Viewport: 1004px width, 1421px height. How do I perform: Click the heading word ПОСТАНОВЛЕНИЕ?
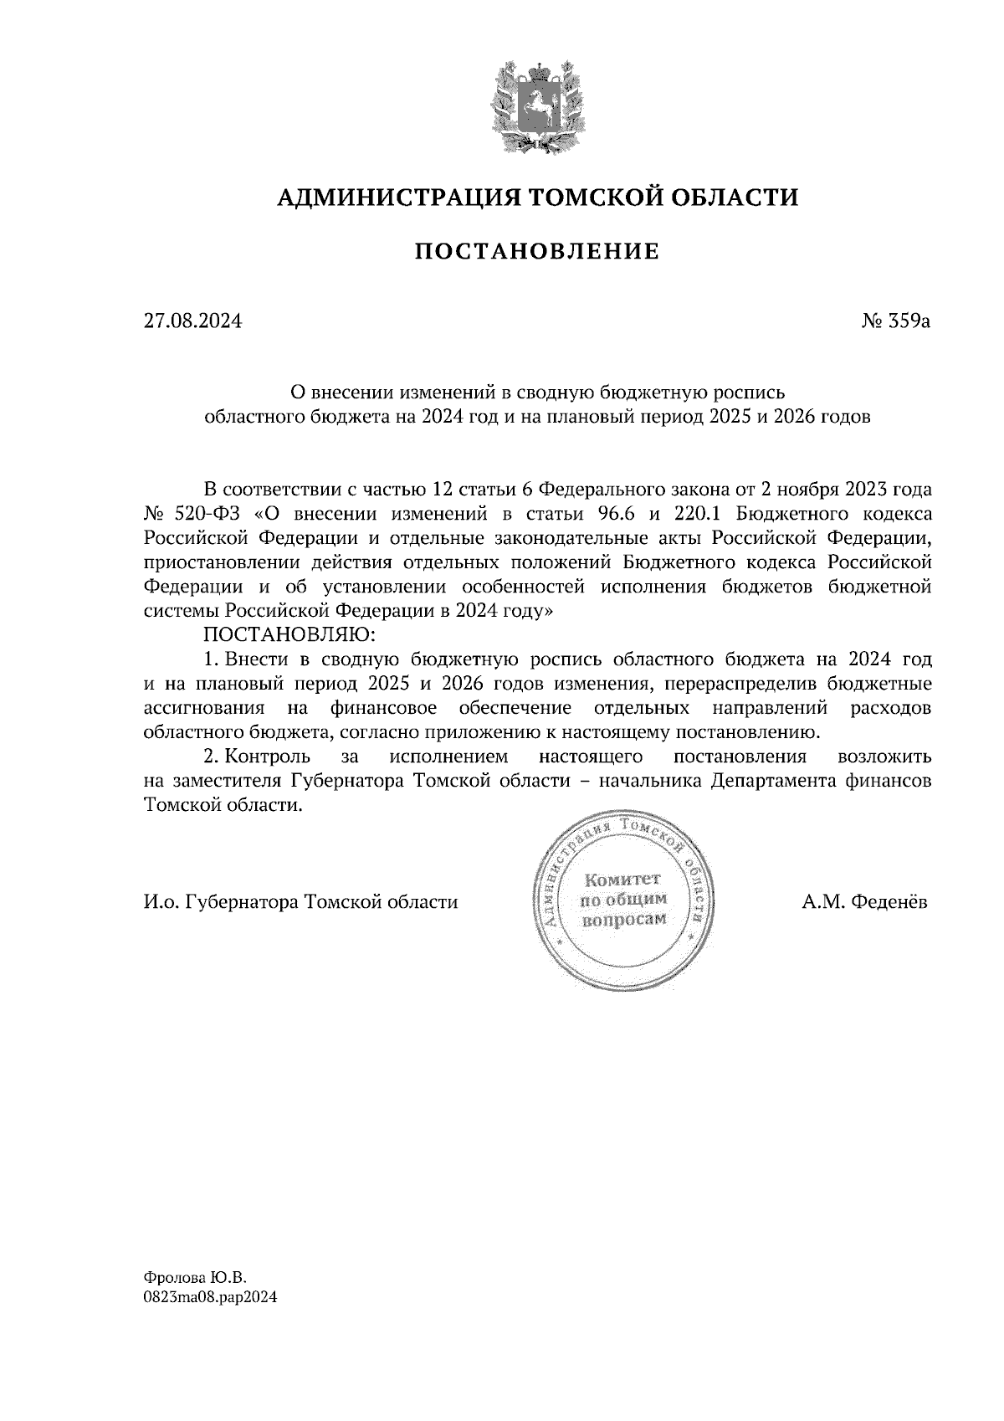pos(537,251)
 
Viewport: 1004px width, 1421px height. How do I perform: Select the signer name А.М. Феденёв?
pos(864,902)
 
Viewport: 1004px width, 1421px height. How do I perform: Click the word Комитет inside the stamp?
pos(623,880)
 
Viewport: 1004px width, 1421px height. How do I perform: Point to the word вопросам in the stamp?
pos(623,919)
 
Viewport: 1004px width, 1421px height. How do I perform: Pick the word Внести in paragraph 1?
pos(255,659)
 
